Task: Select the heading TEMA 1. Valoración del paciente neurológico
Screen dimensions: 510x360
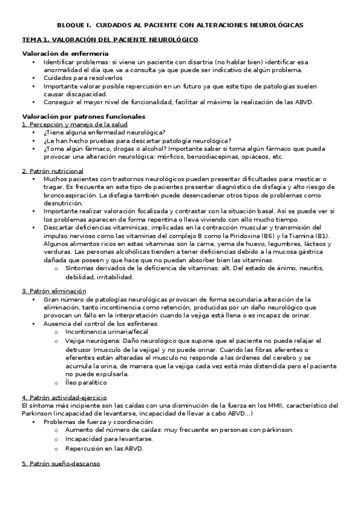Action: (x=110, y=39)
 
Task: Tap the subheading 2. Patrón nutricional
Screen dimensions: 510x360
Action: (x=52, y=171)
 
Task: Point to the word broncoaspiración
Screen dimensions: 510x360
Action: (x=70, y=195)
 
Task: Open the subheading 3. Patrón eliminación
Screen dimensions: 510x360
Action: (x=53, y=291)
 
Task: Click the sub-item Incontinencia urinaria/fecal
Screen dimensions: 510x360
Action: (x=99, y=331)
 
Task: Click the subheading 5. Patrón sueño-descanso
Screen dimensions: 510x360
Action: (x=61, y=464)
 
